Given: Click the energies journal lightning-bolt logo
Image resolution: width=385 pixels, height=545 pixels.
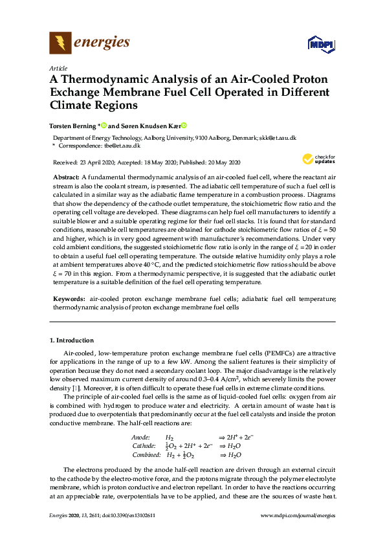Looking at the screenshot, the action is (61, 43).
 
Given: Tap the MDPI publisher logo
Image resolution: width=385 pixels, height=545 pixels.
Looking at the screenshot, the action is (322, 45).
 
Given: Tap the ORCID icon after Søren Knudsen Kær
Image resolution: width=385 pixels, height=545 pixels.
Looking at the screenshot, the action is (183, 126).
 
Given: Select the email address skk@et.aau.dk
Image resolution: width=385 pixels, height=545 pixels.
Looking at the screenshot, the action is (278, 138).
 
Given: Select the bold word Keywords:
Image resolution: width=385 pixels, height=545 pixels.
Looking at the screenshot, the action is (69, 300).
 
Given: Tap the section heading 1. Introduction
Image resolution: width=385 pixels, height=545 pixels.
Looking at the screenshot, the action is (72, 340).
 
